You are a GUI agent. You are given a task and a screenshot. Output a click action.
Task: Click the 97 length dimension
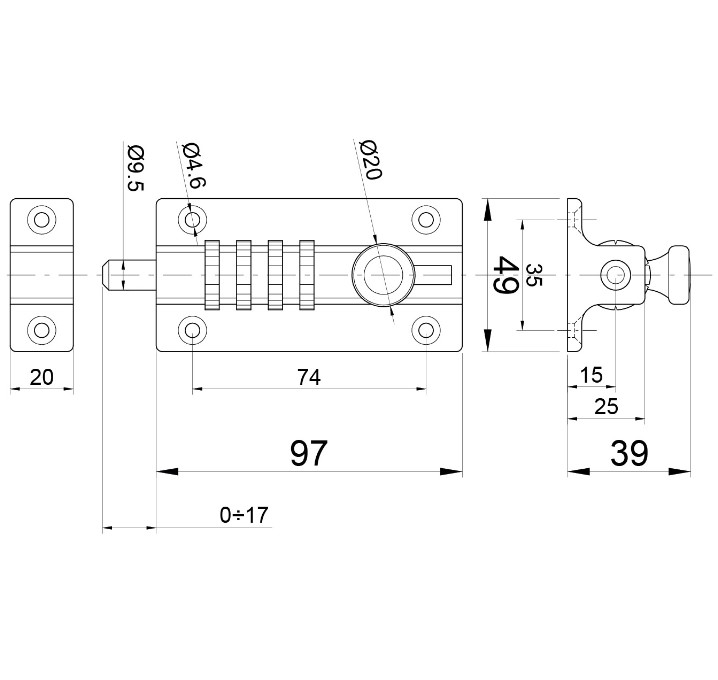[x=308, y=453]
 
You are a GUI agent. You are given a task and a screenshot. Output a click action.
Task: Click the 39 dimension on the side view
[x=630, y=453]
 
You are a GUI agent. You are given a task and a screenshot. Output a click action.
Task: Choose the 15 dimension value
[x=591, y=375]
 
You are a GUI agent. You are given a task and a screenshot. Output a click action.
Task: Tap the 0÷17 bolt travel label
[x=244, y=515]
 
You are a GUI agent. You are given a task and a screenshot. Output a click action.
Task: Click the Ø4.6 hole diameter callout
[x=193, y=165]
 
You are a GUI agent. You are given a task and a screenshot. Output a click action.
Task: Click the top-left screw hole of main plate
[x=192, y=219]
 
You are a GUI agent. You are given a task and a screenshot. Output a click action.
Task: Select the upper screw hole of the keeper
[x=41, y=219]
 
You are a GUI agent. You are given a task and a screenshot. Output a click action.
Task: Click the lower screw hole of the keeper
[x=41, y=328]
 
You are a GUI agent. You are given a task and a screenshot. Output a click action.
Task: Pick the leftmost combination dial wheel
[x=211, y=274]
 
